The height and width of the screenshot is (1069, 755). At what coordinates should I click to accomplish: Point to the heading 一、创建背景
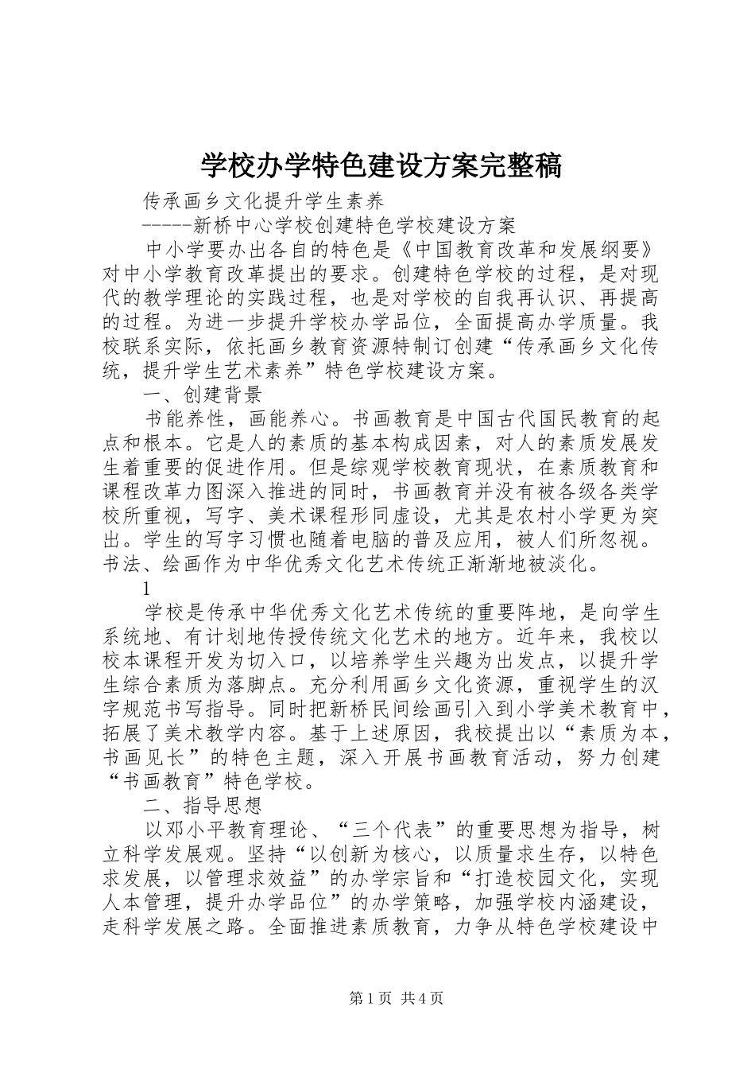[202, 395]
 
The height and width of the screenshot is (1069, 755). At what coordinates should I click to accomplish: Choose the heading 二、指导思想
[202, 804]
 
